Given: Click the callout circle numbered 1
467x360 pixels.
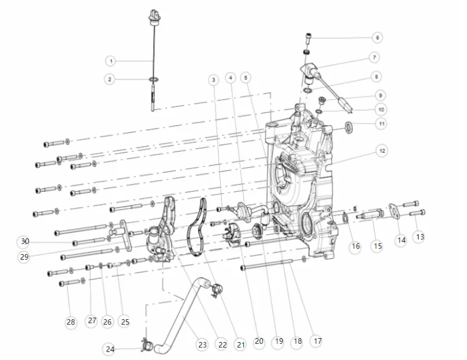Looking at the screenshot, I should click(x=111, y=60).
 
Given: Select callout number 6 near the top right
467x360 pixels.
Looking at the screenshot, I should click(x=377, y=38).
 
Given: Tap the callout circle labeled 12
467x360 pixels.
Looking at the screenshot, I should click(x=382, y=150).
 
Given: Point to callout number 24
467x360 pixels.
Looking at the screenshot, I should click(x=110, y=349).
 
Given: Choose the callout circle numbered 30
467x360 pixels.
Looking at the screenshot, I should click(x=23, y=242).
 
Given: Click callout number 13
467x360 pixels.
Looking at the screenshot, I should click(x=420, y=237).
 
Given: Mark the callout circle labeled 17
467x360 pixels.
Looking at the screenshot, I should click(x=317, y=340).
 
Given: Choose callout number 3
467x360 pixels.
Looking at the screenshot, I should click(x=213, y=80).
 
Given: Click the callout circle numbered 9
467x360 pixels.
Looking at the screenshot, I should click(x=380, y=95).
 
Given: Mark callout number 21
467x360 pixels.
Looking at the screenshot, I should click(x=240, y=345).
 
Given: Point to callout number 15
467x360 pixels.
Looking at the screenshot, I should click(x=377, y=246).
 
